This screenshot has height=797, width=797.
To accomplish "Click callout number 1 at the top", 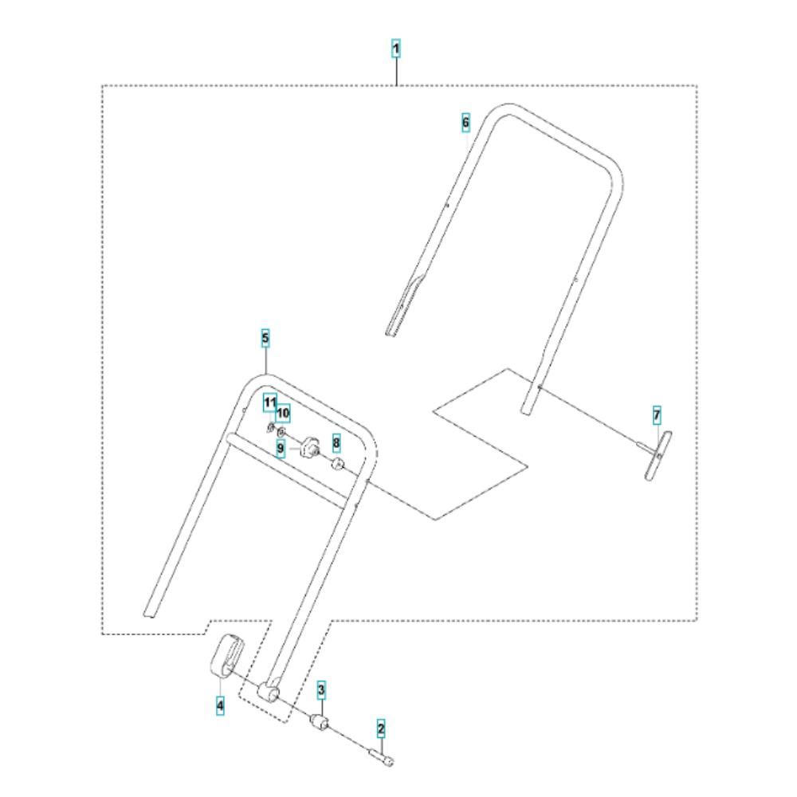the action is pyautogui.click(x=395, y=49).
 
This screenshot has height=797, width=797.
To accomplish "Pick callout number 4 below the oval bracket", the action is pyautogui.click(x=220, y=705).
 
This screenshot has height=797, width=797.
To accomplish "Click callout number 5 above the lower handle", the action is pyautogui.click(x=265, y=338).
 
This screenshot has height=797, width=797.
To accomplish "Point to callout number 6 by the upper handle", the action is pyautogui.click(x=465, y=123).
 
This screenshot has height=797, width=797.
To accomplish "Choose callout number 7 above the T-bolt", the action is pyautogui.click(x=657, y=414).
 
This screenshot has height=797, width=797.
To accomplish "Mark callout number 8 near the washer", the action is pyautogui.click(x=336, y=442).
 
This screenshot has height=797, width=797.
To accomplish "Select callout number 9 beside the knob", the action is pyautogui.click(x=281, y=449).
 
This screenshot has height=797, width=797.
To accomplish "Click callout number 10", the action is pyautogui.click(x=283, y=414).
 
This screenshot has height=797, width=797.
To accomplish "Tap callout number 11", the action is pyautogui.click(x=269, y=402).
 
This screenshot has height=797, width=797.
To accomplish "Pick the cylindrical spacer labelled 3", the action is pyautogui.click(x=321, y=724).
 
